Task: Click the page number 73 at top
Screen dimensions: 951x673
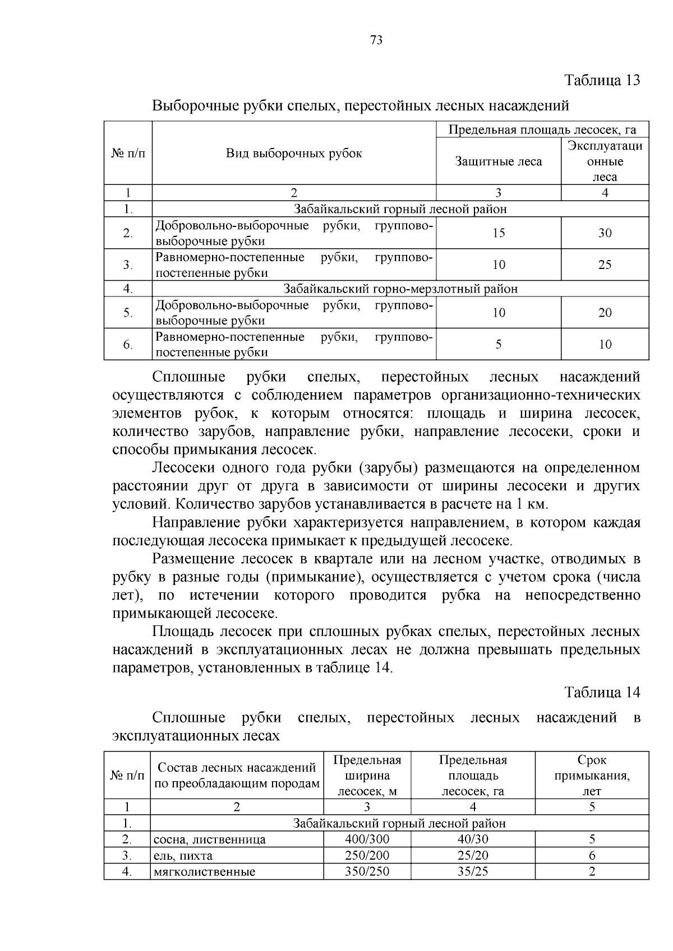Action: [376, 40]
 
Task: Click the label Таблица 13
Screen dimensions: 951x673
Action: [602, 80]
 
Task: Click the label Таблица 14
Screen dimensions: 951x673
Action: [602, 692]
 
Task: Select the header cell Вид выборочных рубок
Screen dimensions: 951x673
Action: [294, 154]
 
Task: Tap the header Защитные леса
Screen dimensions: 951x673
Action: [498, 162]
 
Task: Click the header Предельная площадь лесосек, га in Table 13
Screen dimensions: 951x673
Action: [542, 130]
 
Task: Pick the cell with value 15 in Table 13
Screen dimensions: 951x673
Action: [498, 233]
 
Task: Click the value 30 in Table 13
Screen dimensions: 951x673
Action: [605, 233]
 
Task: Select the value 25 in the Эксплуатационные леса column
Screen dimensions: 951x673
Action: [605, 265]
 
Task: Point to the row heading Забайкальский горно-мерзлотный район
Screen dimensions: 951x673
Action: [400, 289]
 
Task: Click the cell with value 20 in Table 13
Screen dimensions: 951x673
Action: [605, 313]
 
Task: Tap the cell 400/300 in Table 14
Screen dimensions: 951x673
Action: [367, 839]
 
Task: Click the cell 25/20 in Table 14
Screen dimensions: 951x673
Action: [473, 855]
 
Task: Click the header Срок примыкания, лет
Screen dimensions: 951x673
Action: [592, 776]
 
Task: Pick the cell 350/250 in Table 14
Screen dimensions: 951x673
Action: [367, 871]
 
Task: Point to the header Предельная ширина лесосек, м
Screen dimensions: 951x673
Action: [367, 776]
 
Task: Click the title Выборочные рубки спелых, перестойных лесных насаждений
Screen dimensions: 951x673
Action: [361, 105]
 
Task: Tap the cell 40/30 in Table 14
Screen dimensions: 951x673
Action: [473, 839]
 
